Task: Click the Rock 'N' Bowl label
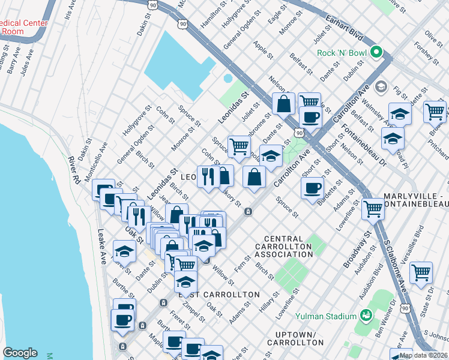(342, 53)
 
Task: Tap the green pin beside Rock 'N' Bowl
(376, 53)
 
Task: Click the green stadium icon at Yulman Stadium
(364, 314)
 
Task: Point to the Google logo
(20, 353)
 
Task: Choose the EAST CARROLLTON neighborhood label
(218, 295)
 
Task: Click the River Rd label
(73, 169)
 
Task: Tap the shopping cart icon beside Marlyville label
(373, 209)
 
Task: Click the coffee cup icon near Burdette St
(312, 188)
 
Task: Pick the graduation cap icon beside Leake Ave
(124, 251)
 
